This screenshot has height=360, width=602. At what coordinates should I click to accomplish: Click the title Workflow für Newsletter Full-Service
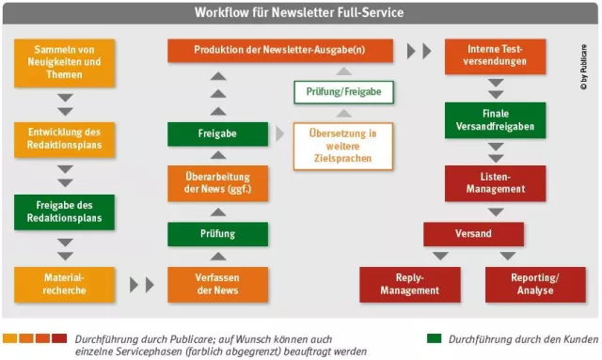click(x=300, y=12)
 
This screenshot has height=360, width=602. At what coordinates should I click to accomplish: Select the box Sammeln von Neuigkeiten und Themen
click(x=64, y=63)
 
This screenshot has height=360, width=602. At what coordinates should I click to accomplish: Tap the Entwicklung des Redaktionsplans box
click(x=64, y=140)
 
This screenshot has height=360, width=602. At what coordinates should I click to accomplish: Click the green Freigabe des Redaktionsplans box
click(x=64, y=212)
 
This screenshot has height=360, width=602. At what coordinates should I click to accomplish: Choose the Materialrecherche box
click(x=64, y=284)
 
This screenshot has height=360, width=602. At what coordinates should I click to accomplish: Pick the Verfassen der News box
click(x=216, y=284)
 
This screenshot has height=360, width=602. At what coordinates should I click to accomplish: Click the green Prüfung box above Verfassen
click(x=216, y=233)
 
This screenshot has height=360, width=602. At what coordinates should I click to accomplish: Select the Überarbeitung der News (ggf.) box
click(x=216, y=181)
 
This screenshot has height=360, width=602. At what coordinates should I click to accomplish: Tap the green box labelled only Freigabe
click(x=216, y=134)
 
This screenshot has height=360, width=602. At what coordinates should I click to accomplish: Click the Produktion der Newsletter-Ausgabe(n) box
click(x=280, y=50)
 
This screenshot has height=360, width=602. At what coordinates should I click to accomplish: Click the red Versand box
click(x=473, y=234)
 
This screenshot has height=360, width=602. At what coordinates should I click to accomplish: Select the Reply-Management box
click(x=409, y=284)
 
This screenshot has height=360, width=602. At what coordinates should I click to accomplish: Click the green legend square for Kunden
click(x=434, y=337)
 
